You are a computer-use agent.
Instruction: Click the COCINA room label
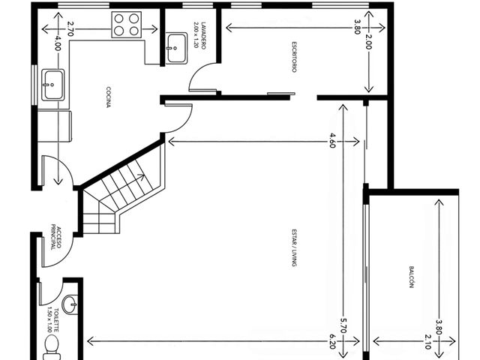(108, 97)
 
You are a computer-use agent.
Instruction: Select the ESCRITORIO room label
(294, 57)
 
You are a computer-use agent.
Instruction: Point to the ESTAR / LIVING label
(294, 247)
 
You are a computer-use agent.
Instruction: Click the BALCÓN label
(412, 277)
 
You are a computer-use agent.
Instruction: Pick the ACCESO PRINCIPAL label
(56, 238)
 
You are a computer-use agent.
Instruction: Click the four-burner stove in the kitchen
(127, 25)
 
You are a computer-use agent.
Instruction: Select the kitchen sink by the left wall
(53, 85)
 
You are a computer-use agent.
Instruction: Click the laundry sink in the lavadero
(177, 48)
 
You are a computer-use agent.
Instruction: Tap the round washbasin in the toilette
(70, 304)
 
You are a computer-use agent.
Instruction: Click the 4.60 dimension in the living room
(332, 140)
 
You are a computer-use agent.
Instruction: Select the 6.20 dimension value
(332, 341)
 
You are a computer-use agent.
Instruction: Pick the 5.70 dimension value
(343, 325)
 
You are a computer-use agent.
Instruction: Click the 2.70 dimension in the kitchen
(70, 28)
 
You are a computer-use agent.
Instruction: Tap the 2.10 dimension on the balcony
(428, 342)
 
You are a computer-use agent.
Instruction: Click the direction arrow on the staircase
(140, 176)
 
